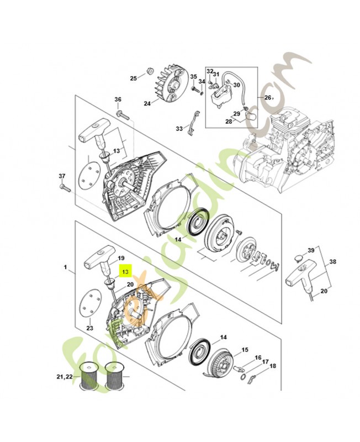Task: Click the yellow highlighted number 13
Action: (x=125, y=272)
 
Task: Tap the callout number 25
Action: (x=133, y=78)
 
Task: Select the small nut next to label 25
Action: (x=149, y=71)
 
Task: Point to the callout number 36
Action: (x=118, y=99)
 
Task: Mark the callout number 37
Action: (x=62, y=176)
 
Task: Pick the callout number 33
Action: (x=179, y=129)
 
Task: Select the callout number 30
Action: (x=236, y=85)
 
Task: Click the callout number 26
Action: (x=268, y=98)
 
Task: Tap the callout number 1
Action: (x=65, y=267)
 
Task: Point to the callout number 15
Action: (x=245, y=350)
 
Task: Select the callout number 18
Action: (x=273, y=366)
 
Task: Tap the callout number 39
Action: (x=312, y=251)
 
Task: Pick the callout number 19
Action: (x=121, y=257)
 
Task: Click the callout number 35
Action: (x=194, y=76)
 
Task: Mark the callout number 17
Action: (x=265, y=362)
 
